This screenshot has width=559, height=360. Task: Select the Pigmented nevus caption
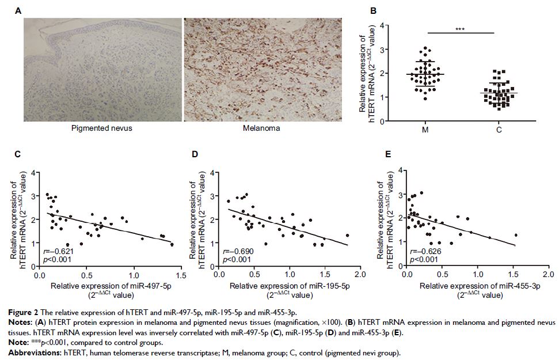[101, 128]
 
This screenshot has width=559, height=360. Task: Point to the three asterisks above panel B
[461, 28]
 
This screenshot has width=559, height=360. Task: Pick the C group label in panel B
[499, 130]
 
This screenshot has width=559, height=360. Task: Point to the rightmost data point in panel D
[347, 235]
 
